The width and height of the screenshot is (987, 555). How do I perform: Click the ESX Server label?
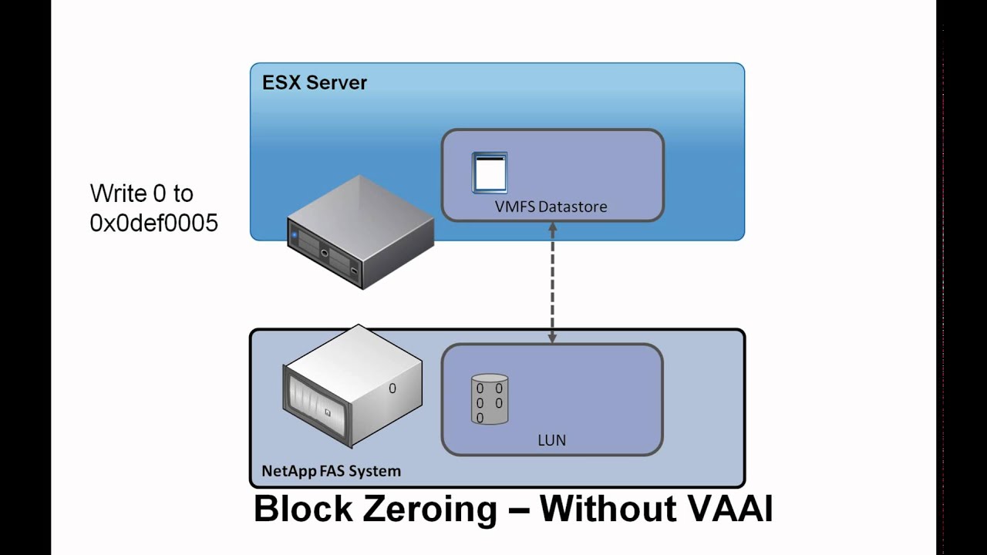[314, 82]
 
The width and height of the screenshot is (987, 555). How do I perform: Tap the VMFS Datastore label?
[551, 207]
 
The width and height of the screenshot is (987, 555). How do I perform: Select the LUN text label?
[551, 440]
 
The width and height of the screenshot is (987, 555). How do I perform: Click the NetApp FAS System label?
[332, 471]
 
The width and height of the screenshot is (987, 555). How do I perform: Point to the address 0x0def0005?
[153, 223]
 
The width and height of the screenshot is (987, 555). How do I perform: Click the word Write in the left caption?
[118, 193]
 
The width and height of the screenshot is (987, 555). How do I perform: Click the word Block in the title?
[303, 510]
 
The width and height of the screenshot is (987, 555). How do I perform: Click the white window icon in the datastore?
[489, 173]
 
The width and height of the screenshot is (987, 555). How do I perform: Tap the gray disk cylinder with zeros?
[490, 399]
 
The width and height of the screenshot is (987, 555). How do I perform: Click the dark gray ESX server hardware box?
[360, 232]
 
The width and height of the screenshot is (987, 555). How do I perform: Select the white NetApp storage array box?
[352, 386]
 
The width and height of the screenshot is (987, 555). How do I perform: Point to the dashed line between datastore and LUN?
[552, 283]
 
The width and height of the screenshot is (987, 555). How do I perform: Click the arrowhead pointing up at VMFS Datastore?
[552, 227]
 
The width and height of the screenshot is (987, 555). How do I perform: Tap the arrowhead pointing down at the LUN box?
[552, 338]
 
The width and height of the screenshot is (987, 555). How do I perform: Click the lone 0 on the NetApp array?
[392, 388]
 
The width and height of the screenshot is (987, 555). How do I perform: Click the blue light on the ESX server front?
[295, 235]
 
